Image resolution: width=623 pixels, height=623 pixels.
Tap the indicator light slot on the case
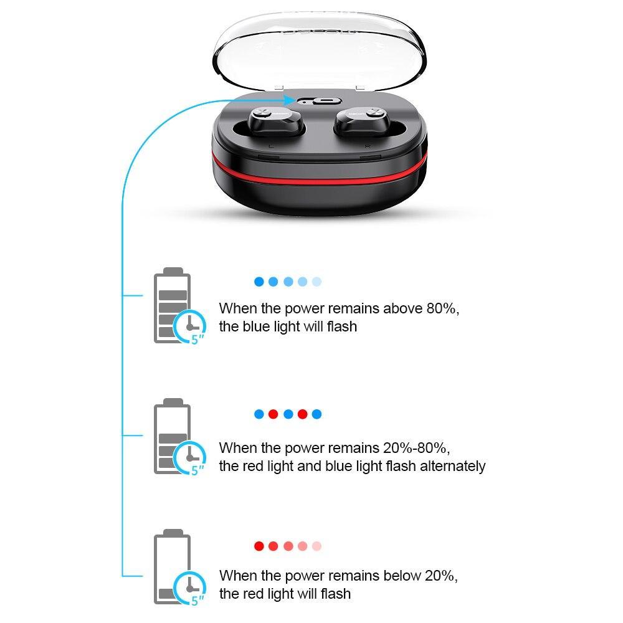pyautogui.click(x=320, y=101)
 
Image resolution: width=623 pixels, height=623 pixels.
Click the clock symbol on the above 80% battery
pyautogui.click(x=190, y=326)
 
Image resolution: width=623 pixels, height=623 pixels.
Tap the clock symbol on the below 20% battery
pyautogui.click(x=190, y=589)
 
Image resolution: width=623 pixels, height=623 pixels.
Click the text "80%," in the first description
pyautogui.click(x=442, y=309)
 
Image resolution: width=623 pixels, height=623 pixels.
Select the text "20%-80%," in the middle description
pyautogui.click(x=416, y=448)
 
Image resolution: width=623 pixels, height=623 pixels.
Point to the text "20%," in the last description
pyautogui.click(x=441, y=576)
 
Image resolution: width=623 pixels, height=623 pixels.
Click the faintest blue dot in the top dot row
pyautogui.click(x=316, y=282)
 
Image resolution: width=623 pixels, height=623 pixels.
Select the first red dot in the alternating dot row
pyautogui.click(x=273, y=414)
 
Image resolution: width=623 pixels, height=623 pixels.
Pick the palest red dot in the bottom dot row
pyautogui.click(x=316, y=546)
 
